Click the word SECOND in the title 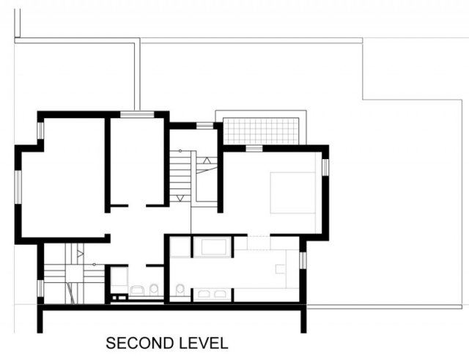pos(140,343)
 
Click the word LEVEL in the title pos(204,343)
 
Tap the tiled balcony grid pos(261,131)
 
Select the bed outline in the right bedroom pos(293,192)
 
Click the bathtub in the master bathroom pos(213,247)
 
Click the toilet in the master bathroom pos(180,290)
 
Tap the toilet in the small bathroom pos(154,290)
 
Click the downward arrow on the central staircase pos(180,198)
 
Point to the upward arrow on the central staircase pos(207,160)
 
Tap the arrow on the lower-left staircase pos(80,254)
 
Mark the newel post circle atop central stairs pos(180,151)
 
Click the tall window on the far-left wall pos(18,187)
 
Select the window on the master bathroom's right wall pos(303,260)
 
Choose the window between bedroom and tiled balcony pos(254,148)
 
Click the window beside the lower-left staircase pos(40,288)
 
